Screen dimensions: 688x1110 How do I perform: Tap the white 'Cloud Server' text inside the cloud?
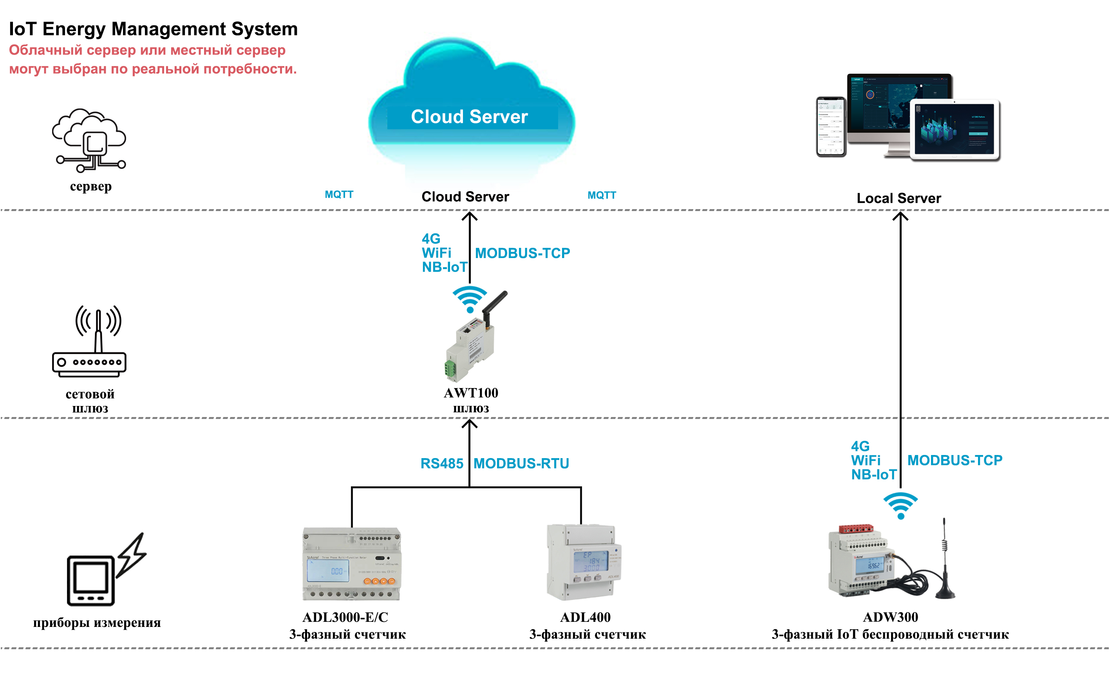469,117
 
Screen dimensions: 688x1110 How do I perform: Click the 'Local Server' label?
898,199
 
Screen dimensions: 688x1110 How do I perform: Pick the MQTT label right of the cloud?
601,196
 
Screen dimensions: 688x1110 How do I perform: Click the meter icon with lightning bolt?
106,571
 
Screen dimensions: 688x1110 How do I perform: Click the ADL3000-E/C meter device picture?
351,564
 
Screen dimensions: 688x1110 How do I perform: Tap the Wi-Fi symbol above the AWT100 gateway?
470,299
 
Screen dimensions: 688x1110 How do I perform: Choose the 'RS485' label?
441,464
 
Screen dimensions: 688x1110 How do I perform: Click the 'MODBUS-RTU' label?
521,464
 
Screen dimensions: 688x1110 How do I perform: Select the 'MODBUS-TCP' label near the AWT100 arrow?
522,253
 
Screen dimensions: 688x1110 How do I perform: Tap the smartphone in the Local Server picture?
831,126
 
